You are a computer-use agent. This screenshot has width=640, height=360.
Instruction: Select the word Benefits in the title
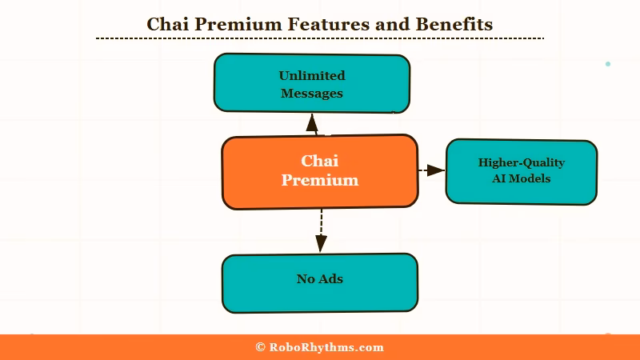[x=454, y=24]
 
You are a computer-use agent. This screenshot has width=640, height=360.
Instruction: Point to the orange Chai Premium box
[x=319, y=171]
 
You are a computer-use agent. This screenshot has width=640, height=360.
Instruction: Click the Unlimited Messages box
[x=311, y=83]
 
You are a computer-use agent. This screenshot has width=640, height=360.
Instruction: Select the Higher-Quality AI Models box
[x=521, y=171]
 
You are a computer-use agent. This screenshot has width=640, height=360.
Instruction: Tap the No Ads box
[x=319, y=282]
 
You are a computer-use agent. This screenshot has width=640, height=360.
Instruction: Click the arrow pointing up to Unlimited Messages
[x=312, y=124]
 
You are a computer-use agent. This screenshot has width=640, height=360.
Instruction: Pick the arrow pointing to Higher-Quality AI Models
[x=432, y=170]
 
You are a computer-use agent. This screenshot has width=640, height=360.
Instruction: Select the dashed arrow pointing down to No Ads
[x=321, y=231]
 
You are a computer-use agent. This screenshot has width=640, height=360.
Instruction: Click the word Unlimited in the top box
[x=311, y=75]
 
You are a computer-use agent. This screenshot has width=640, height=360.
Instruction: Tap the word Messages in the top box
[x=311, y=93]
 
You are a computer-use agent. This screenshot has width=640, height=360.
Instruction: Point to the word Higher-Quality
[x=521, y=162]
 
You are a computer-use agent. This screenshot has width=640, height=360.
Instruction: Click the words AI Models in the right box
[x=521, y=178]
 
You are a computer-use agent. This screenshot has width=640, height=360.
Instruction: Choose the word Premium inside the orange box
[x=319, y=180]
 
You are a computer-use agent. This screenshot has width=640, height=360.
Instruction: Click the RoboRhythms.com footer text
[x=326, y=347]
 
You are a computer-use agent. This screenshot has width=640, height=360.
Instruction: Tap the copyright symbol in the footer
[x=260, y=347]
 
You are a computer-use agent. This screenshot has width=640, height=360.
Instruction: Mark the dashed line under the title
[x=320, y=38]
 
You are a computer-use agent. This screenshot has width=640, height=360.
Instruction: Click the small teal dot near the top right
[x=608, y=64]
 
